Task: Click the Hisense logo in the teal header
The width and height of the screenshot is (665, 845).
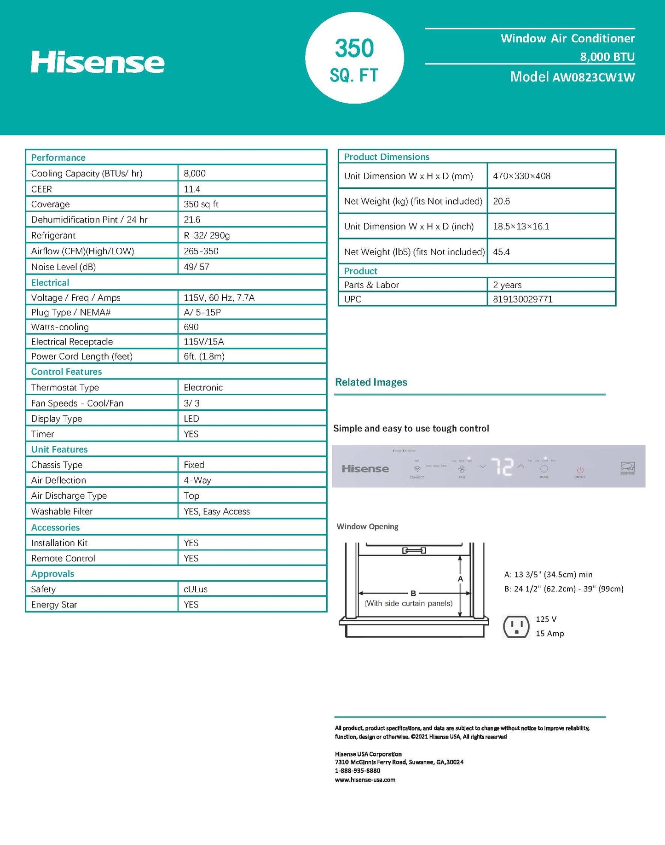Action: [x=98, y=62]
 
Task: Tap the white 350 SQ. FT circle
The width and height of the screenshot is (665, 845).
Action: [x=354, y=58]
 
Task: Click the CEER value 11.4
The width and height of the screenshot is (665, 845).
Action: [x=192, y=189]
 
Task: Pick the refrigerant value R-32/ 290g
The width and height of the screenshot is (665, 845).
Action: [x=207, y=235]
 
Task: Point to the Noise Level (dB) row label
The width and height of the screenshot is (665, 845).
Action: [x=64, y=267]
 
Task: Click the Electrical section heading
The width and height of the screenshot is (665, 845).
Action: [x=50, y=283]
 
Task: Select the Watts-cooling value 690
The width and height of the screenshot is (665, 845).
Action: [x=191, y=327]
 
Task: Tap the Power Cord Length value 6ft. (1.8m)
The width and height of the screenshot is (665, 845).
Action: [x=204, y=356]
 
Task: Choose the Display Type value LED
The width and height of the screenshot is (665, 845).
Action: [x=191, y=419]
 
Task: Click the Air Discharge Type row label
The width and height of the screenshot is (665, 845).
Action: [x=69, y=495]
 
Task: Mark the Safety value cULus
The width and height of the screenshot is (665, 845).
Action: [x=196, y=589]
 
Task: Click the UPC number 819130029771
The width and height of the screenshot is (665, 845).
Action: [x=522, y=299]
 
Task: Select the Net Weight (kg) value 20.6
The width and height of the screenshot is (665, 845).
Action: [x=501, y=201]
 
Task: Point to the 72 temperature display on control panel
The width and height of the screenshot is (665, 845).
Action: [x=502, y=467]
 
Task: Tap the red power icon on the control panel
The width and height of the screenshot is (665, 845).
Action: [x=580, y=470]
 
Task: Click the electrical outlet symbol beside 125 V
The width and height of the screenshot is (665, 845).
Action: [x=516, y=626]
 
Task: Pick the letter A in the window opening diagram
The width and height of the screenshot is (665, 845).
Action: [x=460, y=579]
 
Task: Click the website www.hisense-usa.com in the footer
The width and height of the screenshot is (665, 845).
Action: [x=365, y=780]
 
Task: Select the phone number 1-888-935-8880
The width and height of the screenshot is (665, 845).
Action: [x=358, y=770]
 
